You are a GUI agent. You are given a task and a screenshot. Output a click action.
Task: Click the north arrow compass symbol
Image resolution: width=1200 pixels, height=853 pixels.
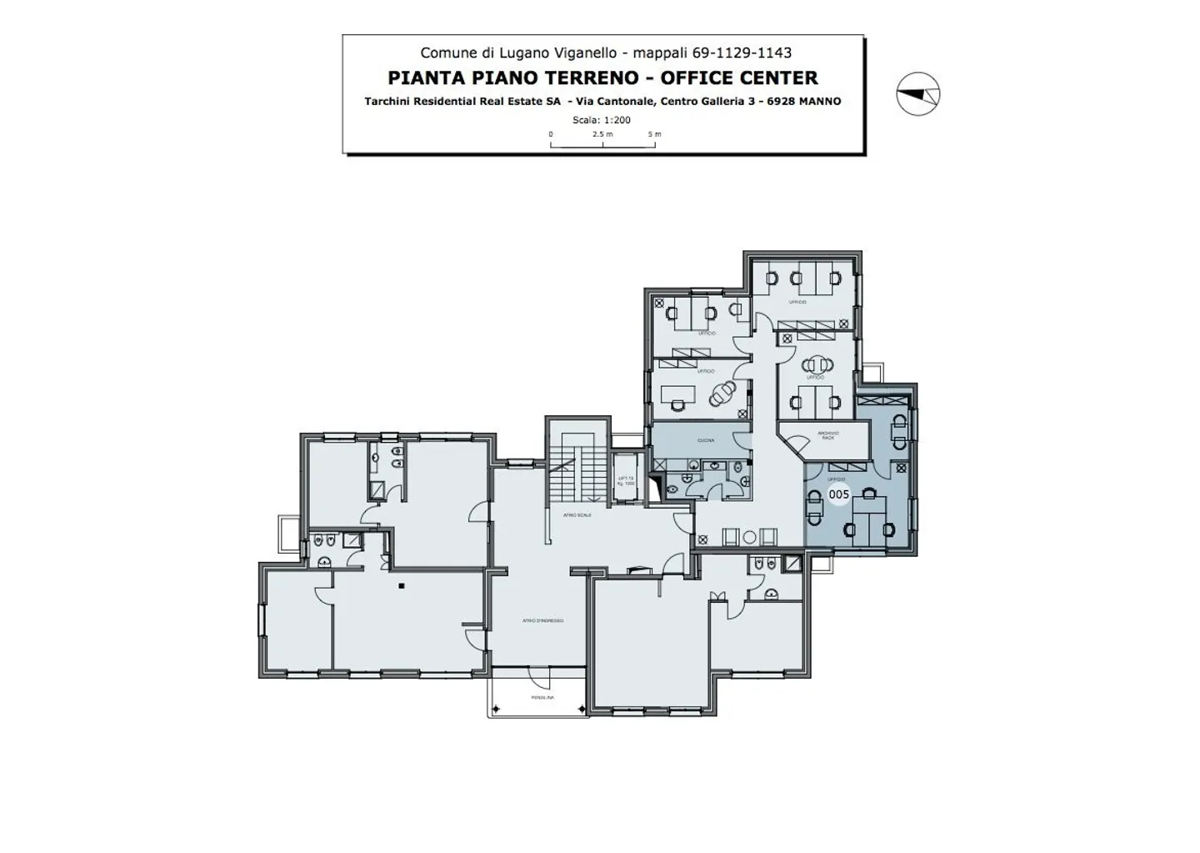coord(917,93)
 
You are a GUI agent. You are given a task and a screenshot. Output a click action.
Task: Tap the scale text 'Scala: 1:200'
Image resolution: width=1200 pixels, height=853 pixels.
coord(602,120)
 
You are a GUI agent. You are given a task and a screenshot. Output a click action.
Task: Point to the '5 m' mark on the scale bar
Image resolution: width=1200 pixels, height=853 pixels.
coord(655,134)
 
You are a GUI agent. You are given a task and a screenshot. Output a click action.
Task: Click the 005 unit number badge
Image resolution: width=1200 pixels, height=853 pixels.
coord(838,494)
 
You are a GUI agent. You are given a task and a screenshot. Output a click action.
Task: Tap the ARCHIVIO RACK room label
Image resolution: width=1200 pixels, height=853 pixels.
coord(827,434)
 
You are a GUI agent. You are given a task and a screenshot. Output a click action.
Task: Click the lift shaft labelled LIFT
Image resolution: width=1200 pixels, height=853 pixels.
coord(626,480)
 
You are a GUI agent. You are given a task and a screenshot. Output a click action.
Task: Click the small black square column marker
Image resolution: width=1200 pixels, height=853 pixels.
coord(402,585)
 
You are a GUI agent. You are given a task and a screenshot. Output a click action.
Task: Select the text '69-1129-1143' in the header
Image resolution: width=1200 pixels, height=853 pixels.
coord(741,53)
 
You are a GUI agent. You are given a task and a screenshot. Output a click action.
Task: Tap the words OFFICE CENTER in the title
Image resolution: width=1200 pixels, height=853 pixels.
coord(739,78)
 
